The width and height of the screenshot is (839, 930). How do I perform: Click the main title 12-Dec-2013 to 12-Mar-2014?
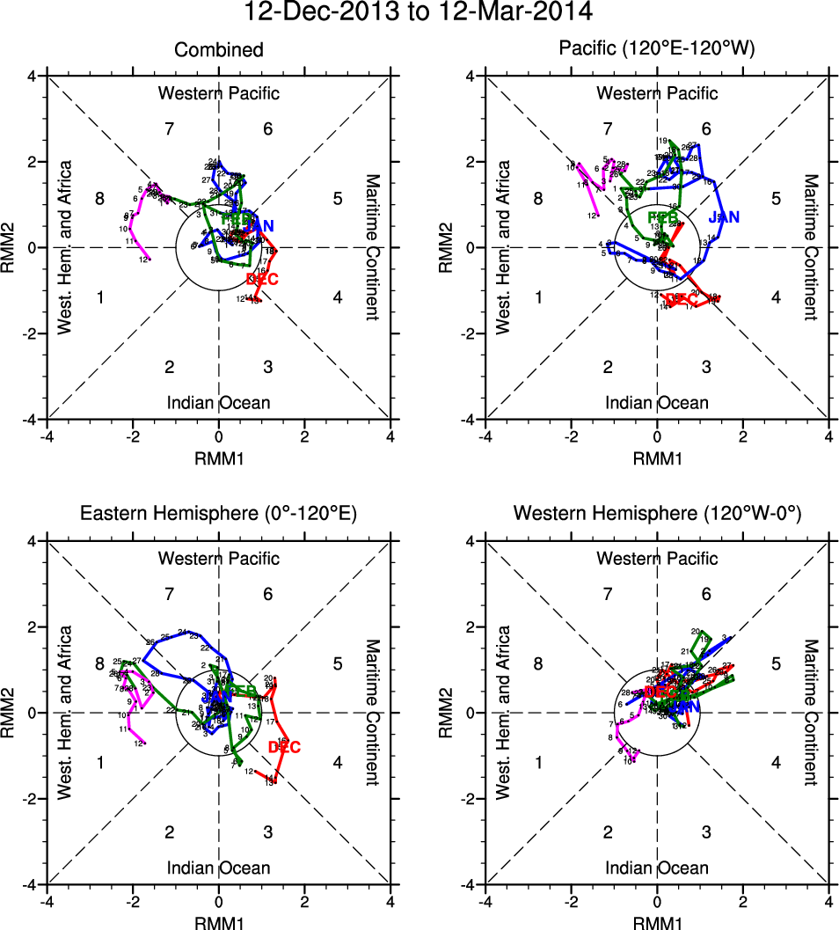(x=419, y=12)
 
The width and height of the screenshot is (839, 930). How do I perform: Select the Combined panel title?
(x=218, y=49)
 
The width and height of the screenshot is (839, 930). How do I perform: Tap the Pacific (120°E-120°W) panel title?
(x=657, y=49)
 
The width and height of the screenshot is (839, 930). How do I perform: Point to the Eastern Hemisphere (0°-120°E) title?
(x=218, y=514)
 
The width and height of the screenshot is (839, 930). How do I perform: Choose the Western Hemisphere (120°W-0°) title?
(x=657, y=514)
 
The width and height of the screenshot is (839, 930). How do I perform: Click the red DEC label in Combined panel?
(x=263, y=279)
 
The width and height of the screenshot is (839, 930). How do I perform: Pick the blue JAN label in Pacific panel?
(x=724, y=216)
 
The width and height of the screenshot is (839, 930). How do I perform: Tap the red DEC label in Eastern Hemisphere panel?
(x=284, y=748)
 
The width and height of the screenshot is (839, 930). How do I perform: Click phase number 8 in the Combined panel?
(x=99, y=199)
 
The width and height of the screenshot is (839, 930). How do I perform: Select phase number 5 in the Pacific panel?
(x=776, y=199)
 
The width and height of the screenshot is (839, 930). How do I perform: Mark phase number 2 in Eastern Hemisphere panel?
(x=170, y=832)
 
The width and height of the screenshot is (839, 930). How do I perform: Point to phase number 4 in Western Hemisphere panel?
(x=776, y=762)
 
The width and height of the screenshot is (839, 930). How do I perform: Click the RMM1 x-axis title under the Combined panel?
(x=218, y=458)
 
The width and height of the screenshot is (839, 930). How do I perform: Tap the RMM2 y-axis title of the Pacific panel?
(x=453, y=247)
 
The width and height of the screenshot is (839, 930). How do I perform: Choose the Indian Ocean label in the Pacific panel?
(x=657, y=403)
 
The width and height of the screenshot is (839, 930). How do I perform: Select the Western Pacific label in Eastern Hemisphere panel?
(x=218, y=558)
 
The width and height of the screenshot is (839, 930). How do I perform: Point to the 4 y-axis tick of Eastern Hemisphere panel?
(x=31, y=541)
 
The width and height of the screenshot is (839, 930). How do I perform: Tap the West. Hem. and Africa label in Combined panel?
(x=64, y=247)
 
